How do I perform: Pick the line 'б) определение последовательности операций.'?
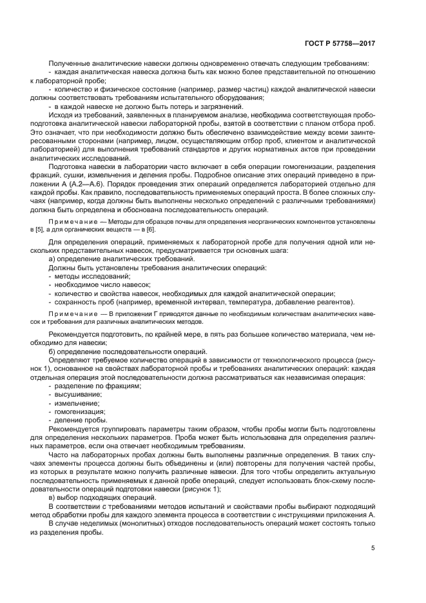click(118, 351)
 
